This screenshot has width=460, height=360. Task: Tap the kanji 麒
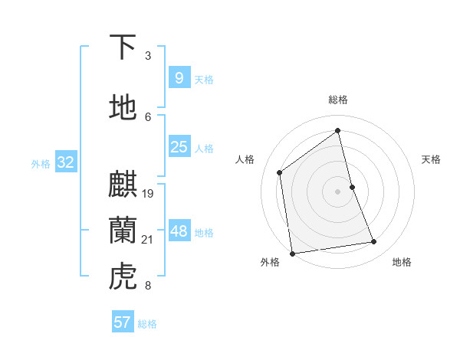123,185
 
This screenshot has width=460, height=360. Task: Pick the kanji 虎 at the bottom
123,277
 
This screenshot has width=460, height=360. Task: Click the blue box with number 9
179,77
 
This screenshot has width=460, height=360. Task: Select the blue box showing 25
179,147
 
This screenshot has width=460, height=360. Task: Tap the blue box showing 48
179,231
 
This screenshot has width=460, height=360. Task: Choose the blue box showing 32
65,162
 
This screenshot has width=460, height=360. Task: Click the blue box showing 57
123,322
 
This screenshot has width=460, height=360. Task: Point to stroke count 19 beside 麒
148,193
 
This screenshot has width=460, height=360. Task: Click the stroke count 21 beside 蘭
148,240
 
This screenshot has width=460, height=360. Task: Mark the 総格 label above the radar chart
338,100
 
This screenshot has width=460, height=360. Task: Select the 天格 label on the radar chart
431,159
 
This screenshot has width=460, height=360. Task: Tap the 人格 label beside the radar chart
245,159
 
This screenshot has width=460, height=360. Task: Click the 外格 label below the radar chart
270,262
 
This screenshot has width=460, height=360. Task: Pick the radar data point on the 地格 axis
374,242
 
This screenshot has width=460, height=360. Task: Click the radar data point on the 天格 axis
352,187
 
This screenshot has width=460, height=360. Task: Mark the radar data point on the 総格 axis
338,131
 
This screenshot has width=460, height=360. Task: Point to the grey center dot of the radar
338,191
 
